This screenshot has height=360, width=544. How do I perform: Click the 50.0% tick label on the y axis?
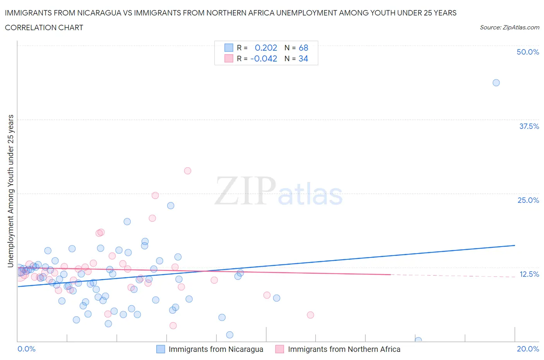coord(527,52)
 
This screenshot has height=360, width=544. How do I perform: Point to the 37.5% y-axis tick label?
coord(529,126)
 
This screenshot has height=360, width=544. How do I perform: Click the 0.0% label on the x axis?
coord(26,349)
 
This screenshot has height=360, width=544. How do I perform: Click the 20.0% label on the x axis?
coord(527,349)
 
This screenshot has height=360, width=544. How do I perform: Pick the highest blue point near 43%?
coord(496,83)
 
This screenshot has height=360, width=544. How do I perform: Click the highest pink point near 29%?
coord(188,171)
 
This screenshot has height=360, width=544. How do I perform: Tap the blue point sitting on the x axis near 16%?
coord(418,340)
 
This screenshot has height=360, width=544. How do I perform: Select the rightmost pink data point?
coord(310,315)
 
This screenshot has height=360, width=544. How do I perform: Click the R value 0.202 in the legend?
coord(266,48)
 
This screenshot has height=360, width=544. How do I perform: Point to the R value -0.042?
coord(264,58)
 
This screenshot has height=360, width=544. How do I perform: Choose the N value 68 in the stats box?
coord(303,48)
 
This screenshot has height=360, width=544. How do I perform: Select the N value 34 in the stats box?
coord(303,58)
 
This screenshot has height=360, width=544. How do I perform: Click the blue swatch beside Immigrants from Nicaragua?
coord(161,349)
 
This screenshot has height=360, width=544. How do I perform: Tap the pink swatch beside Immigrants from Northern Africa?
coord(280,349)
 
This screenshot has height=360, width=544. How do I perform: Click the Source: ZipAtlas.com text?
coord(509,27)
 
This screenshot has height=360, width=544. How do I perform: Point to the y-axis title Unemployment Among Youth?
coord(10,191)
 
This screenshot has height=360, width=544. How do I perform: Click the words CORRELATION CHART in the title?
coord(44,27)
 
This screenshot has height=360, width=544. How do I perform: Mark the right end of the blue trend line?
coord(515,245)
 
